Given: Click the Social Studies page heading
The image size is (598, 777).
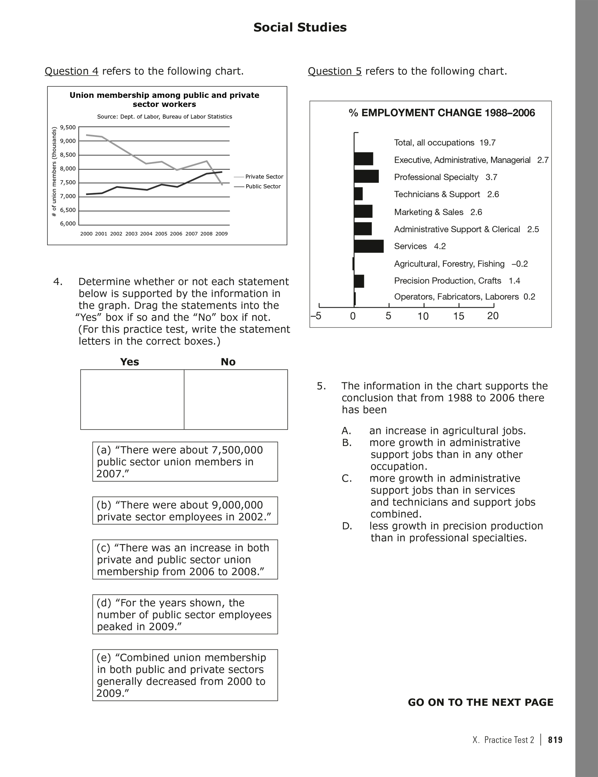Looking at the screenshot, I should tap(300, 27).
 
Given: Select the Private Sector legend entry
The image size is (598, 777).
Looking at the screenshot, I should tap(264, 177).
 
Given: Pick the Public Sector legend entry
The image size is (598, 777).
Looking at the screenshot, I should tap(263, 186).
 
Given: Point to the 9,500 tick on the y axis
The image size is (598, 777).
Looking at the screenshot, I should tap(68, 127).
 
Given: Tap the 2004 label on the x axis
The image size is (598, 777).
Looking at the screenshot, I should tap(146, 234).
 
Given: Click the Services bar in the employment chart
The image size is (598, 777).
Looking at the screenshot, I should tap(369, 246).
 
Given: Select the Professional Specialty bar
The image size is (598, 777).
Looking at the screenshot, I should tap(366, 177).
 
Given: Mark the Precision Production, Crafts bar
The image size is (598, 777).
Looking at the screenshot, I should tap(359, 281).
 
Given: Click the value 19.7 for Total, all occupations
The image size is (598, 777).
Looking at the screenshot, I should tap(487, 143).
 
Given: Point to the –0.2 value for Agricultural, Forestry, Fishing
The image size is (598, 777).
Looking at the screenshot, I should tap(520, 264).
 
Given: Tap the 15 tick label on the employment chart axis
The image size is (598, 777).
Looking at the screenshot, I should tap(459, 316).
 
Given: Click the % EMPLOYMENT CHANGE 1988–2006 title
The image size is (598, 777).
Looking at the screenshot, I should tap(442, 113).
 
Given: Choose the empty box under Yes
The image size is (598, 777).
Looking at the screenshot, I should tap(132, 399).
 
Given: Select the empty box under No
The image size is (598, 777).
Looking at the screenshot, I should tap(236, 399).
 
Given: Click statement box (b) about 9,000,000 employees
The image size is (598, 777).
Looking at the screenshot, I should tap(185, 511).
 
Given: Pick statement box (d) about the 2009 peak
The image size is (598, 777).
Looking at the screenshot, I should tap(185, 615).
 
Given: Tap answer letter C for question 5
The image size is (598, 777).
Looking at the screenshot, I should tap(346, 478).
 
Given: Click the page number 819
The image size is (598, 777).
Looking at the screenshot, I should tap(555, 740).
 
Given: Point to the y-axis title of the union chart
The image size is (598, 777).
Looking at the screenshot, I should tap(54, 172).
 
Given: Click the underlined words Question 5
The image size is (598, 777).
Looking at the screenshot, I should tap(334, 71).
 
